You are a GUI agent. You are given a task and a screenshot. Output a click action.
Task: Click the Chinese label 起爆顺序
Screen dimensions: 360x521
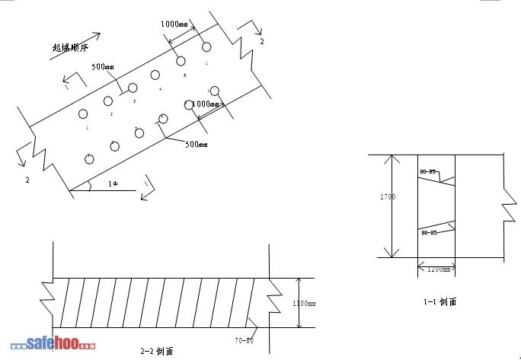tap(71, 47)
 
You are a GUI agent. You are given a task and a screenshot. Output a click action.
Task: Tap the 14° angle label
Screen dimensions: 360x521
tap(113, 183)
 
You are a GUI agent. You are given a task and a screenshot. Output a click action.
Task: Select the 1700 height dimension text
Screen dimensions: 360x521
tap(388, 197)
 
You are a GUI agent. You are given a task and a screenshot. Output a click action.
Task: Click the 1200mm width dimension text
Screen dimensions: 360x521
tap(436, 269)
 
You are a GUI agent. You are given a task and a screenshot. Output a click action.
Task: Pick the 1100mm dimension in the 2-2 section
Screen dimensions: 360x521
tap(304, 303)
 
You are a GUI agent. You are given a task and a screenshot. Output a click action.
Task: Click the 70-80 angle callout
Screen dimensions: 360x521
tap(245, 340)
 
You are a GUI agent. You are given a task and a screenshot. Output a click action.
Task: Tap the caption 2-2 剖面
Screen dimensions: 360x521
tap(157, 351)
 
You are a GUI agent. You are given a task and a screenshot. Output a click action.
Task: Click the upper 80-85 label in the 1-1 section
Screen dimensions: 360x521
tap(428, 171)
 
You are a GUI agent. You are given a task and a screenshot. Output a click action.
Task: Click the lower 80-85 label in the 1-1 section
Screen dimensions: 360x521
tap(428, 233)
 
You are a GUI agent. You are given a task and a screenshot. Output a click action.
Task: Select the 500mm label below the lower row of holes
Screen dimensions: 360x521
tap(197, 145)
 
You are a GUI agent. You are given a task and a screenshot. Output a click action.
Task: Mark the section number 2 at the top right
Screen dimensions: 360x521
tap(262, 42)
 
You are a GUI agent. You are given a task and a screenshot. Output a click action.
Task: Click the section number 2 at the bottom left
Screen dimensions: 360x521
tap(27, 180)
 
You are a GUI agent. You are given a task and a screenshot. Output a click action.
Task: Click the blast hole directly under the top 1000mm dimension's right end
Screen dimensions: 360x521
tap(206, 47)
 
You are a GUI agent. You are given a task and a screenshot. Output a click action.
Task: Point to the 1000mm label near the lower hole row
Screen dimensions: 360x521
tap(205, 104)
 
